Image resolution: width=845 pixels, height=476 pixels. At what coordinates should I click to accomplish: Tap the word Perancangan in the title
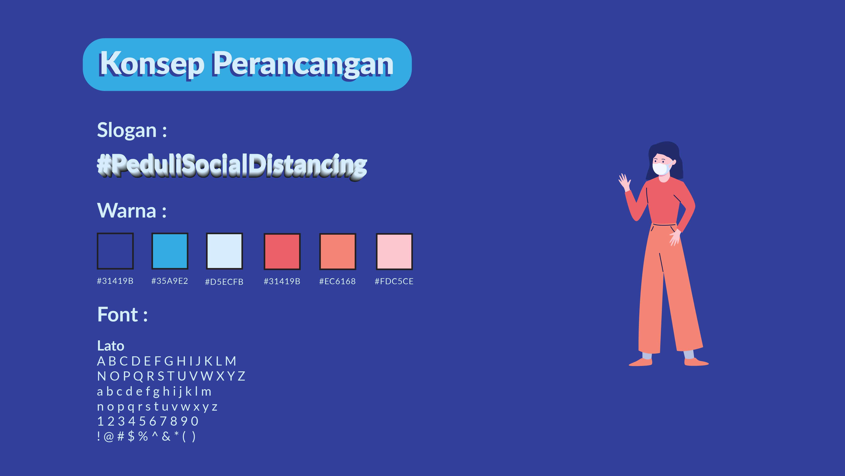(303, 64)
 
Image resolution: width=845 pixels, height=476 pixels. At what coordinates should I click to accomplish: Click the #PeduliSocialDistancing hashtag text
(232, 166)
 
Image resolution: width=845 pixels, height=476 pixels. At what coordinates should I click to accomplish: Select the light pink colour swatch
(394, 252)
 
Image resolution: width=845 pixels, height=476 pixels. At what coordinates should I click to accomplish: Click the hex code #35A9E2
(170, 281)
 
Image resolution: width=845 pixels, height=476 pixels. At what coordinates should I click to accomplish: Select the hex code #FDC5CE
(394, 281)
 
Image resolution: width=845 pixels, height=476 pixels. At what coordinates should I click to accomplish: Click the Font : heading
(122, 314)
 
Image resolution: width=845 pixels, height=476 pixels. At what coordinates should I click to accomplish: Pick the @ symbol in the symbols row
(109, 437)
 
